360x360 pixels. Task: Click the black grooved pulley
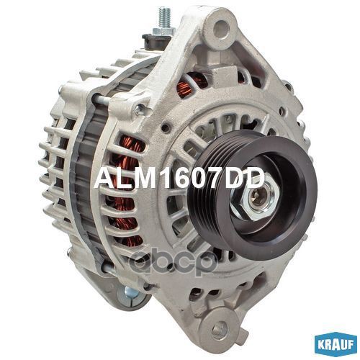[x=252, y=189]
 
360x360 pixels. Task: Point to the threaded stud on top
[x=165, y=18]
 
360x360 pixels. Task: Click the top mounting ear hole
[x=220, y=27]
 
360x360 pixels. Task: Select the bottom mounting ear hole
[x=219, y=328]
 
